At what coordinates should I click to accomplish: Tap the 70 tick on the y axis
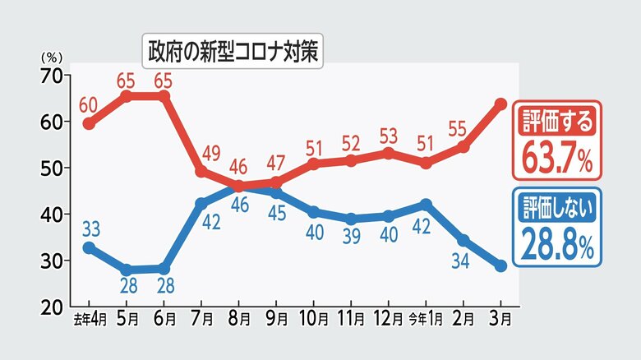coord(52,75)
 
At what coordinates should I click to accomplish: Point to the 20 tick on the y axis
coord(52,307)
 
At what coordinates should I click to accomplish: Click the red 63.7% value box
coord(557,141)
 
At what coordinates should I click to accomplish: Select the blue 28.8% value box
coord(557,227)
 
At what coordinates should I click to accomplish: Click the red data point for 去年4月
coord(89,124)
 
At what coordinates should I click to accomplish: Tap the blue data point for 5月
coord(127,270)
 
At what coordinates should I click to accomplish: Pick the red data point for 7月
coord(201,171)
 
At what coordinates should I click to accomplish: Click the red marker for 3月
coord(500,104)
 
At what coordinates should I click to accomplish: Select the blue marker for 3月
coord(500,265)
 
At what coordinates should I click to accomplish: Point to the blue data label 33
coord(90,228)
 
